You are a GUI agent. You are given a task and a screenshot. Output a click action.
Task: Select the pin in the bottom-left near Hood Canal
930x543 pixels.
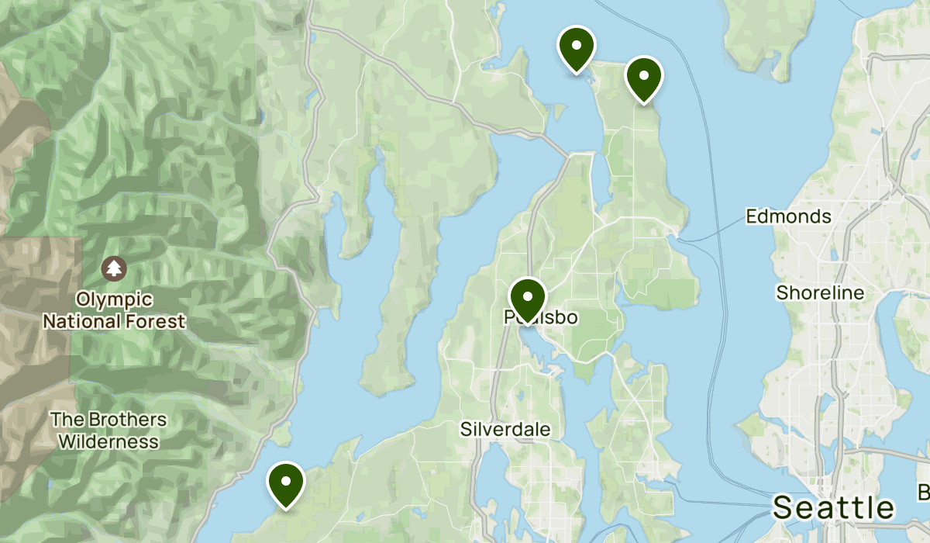[x=286, y=482]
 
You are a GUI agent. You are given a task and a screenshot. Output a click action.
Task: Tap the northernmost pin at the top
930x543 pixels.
[x=576, y=47]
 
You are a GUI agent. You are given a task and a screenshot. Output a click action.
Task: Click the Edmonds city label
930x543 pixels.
[x=788, y=216]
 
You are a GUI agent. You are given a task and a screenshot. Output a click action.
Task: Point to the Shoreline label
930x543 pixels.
[x=820, y=293]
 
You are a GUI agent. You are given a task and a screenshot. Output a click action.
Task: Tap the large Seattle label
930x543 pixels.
[x=833, y=508]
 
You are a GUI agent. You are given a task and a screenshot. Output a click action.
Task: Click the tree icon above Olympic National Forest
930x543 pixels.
[x=115, y=269]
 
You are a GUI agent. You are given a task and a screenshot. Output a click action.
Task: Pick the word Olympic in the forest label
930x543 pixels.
[x=114, y=299]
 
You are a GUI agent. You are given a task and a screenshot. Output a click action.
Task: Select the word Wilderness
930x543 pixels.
[x=108, y=442]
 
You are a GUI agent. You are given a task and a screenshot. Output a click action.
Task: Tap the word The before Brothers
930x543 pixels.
[x=64, y=420]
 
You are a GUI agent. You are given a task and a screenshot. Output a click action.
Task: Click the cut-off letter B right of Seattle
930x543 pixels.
[x=924, y=492]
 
